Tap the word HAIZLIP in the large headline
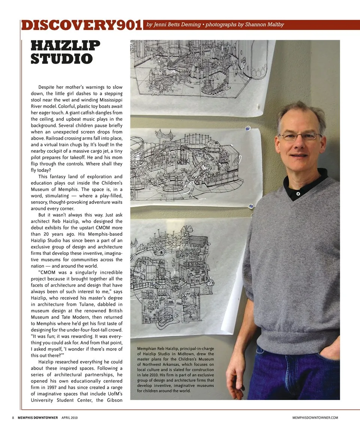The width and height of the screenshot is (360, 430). click(66, 46)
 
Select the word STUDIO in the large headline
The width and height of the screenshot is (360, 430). click(62, 58)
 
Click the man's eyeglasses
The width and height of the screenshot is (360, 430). click(299, 136)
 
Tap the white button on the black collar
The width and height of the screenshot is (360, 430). click(298, 194)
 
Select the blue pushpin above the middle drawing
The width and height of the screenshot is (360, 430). click(247, 129)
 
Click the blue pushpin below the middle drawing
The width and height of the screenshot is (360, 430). click(251, 206)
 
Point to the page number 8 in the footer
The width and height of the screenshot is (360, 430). click(13, 417)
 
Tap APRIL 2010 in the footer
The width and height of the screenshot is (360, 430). click(69, 417)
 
